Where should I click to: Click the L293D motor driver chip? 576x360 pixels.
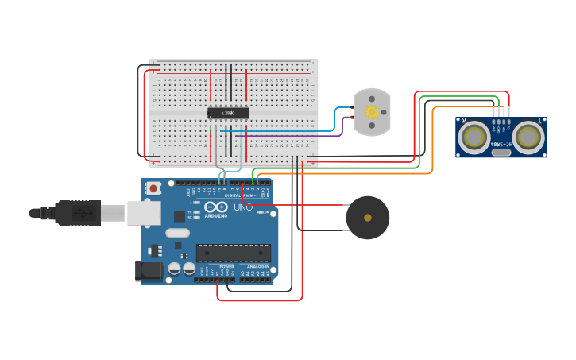228,113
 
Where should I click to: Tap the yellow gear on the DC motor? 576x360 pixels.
372,112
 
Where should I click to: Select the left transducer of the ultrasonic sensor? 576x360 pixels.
475,137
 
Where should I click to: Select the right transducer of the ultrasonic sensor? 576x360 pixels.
528,137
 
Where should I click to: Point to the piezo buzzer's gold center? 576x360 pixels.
367,217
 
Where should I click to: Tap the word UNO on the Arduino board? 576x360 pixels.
243,207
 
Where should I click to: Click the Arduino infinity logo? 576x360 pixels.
215,207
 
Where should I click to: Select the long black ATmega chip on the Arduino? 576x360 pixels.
234,253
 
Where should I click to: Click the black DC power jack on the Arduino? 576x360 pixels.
148,271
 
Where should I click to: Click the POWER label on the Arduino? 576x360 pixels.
215,266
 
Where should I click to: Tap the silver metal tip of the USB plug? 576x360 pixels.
113,213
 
